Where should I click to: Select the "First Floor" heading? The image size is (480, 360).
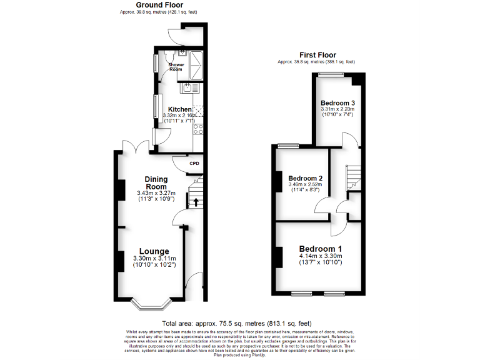(x=316, y=55)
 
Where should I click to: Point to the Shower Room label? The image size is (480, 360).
(x=179, y=66)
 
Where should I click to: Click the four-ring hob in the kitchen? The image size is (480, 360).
(x=199, y=129)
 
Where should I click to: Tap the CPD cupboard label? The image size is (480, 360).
(x=194, y=164)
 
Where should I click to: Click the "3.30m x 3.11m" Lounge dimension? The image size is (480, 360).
(x=154, y=258)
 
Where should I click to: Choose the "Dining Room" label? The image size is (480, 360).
(x=156, y=182)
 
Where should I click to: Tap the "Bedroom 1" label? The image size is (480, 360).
(x=319, y=247)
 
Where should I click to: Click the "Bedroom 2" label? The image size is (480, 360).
(x=305, y=177)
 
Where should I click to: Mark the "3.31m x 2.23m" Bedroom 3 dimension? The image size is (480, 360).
(x=337, y=109)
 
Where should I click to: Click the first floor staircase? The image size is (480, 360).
(x=353, y=175)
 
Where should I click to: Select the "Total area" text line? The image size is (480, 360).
(x=240, y=323)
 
